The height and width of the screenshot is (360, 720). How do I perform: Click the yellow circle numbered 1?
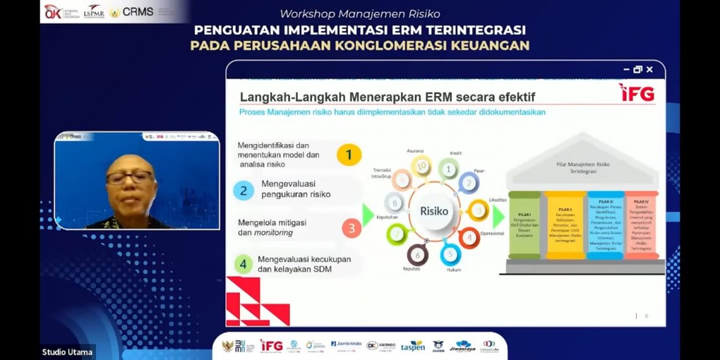coord(349,155)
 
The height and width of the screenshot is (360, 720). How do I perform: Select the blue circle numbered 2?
coord(243,190)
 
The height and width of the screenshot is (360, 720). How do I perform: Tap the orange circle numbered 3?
coord(352,228)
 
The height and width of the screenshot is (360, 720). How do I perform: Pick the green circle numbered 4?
coord(243,263)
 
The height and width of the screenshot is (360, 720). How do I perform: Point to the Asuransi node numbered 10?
coord(421,166)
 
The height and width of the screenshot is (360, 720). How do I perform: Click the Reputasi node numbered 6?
coord(417,255)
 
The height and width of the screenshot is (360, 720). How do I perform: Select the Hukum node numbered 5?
coord(450,255)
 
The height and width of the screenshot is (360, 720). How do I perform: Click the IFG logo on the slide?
coord(637,92)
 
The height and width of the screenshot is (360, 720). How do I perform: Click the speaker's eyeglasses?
coord(129,177)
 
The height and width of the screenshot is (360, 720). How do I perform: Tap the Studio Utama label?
coord(68,352)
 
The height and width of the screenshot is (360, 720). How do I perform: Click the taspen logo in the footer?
coord(412,346)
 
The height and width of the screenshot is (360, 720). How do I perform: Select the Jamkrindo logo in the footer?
coord(346,344)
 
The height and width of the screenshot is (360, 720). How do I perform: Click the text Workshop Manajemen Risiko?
coord(360,13)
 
